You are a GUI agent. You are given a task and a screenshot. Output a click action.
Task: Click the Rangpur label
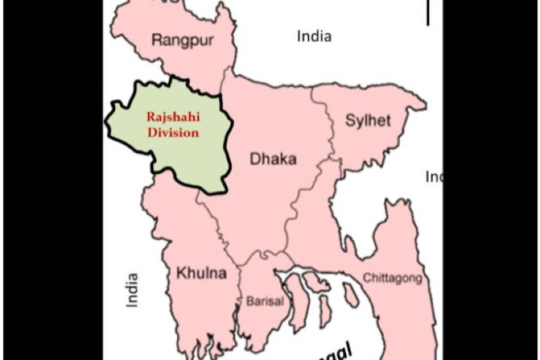click(x=182, y=40)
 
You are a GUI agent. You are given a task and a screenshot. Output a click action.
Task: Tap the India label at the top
click(x=314, y=36)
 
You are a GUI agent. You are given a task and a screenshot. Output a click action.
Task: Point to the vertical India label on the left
click(x=132, y=290)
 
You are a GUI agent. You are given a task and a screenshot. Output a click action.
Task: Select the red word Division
click(x=173, y=132)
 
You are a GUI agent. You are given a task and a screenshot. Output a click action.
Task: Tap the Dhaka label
click(x=273, y=159)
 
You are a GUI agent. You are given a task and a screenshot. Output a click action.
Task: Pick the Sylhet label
click(x=368, y=121)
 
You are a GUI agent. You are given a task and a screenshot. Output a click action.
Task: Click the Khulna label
click(x=201, y=274)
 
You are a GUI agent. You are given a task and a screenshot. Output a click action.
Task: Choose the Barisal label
click(x=265, y=302)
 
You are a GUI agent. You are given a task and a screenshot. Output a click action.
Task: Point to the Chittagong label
click(x=393, y=278)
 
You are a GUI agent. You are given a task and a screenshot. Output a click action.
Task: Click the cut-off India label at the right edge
click(x=434, y=177)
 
